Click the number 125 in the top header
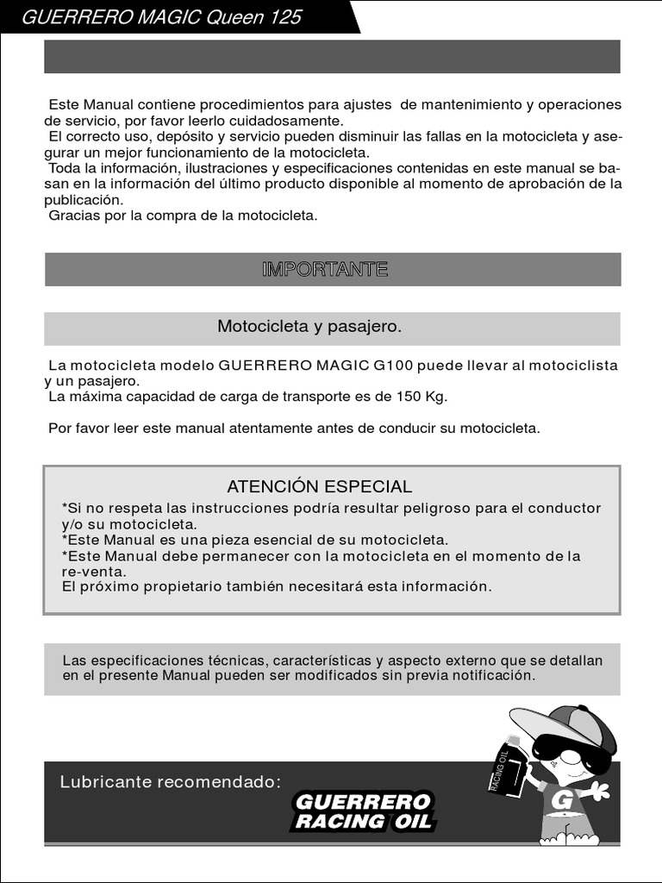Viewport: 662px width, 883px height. click(284, 16)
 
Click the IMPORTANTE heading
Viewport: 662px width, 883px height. click(325, 269)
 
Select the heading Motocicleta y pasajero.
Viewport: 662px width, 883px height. click(309, 327)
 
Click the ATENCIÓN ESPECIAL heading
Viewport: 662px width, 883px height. click(319, 486)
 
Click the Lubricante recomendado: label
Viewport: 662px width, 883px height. click(171, 782)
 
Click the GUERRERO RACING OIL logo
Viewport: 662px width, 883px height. click(363, 811)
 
